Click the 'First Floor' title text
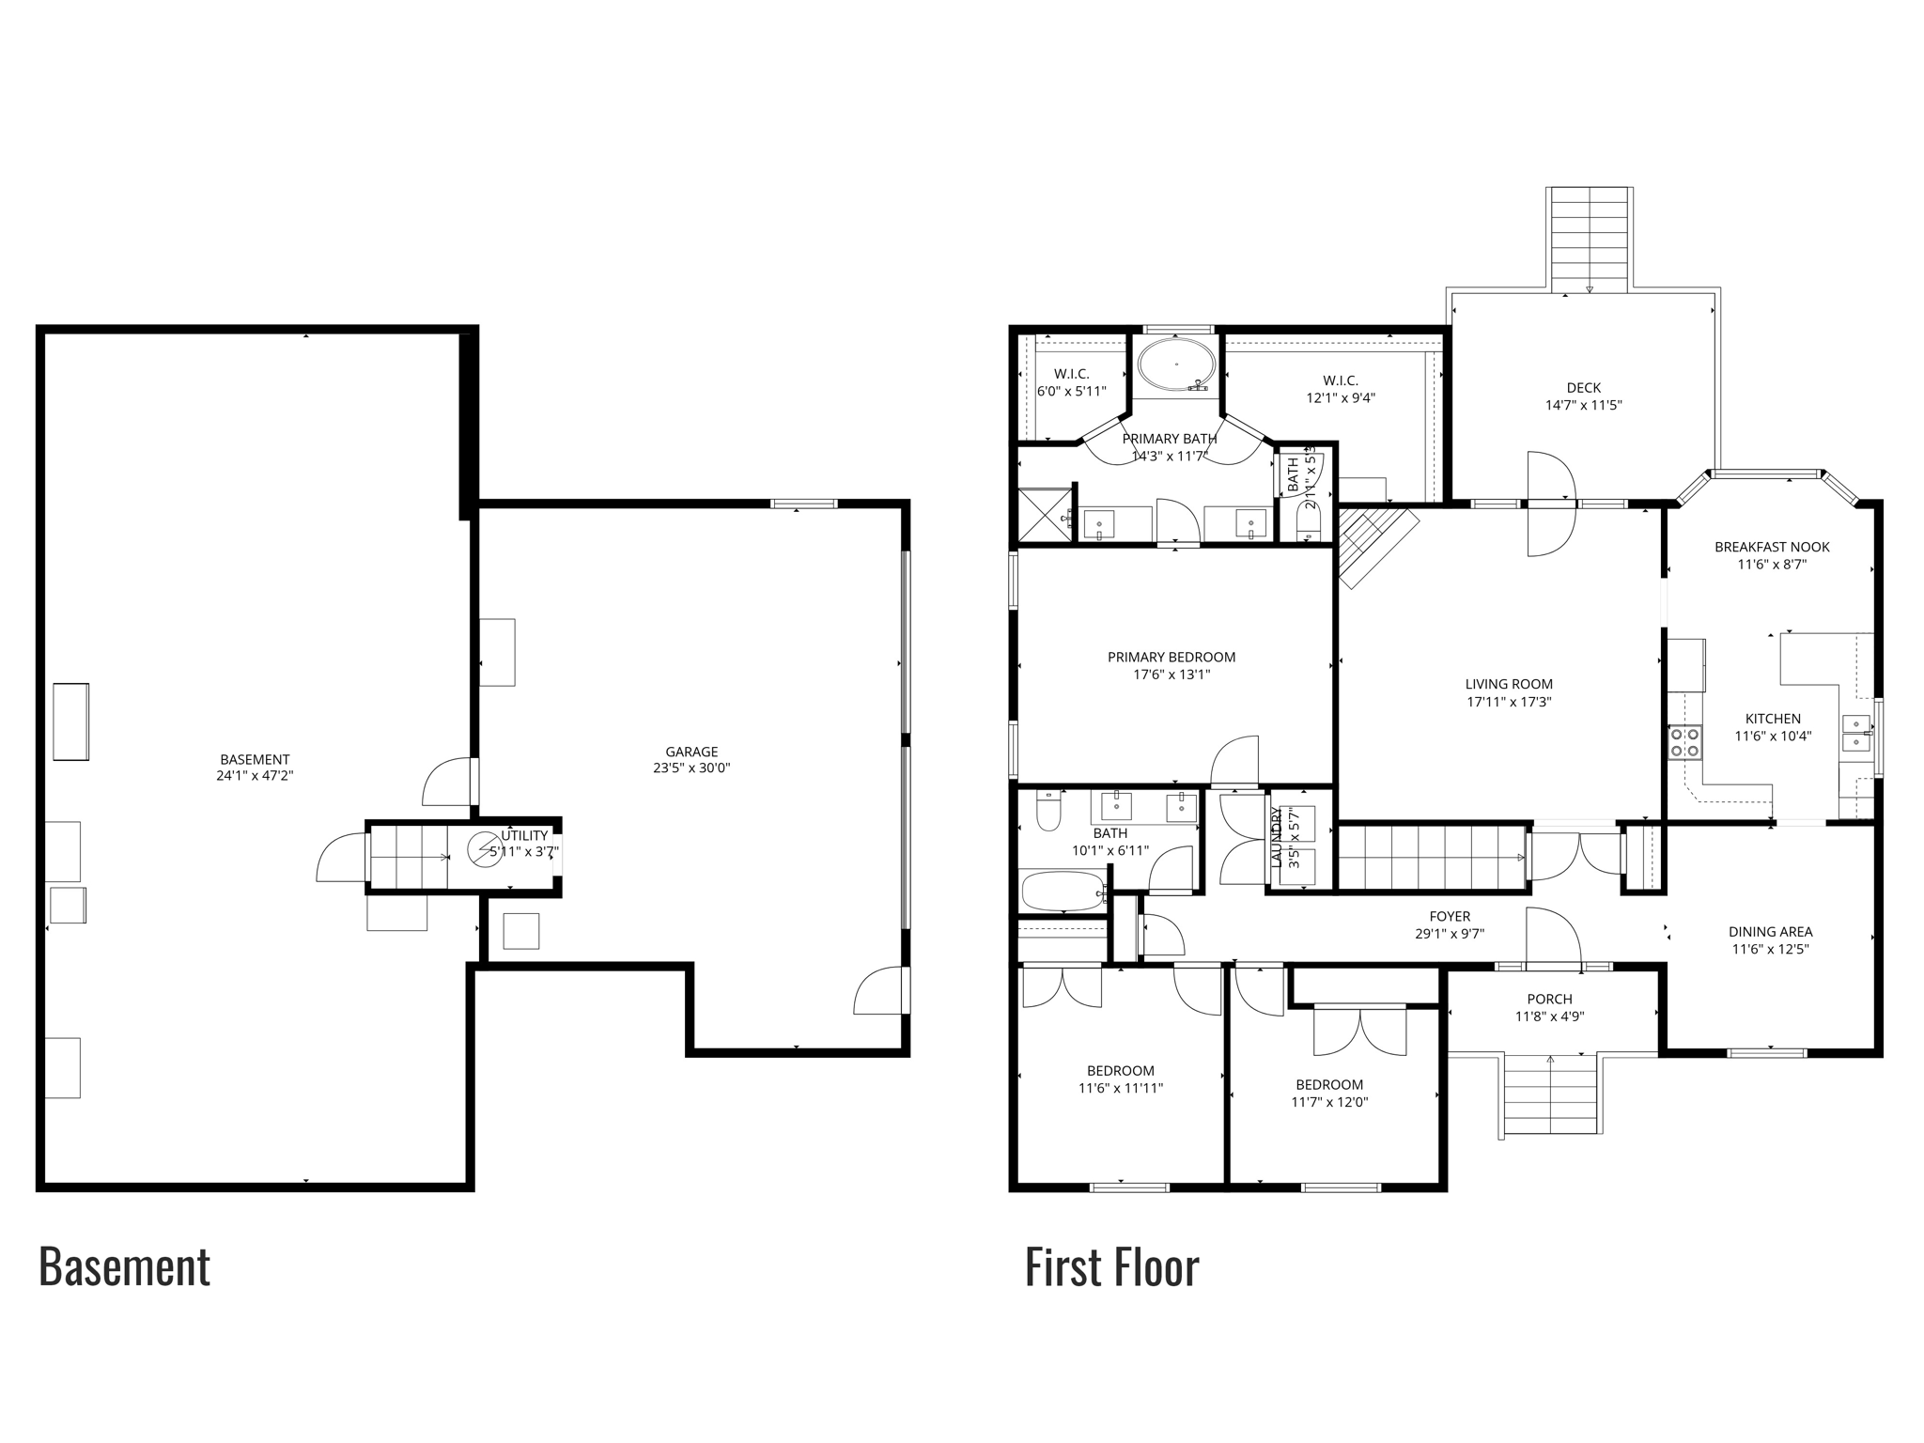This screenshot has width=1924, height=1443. tap(1111, 1267)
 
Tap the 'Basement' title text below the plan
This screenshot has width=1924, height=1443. tap(124, 1267)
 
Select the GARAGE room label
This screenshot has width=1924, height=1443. tap(691, 752)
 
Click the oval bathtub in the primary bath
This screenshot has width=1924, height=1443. tap(1176, 365)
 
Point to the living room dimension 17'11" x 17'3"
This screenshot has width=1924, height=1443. tap(1509, 702)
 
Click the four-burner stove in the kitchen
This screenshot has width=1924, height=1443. tap(1685, 742)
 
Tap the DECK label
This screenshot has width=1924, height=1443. tap(1583, 387)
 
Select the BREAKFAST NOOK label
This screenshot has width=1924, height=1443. tap(1772, 547)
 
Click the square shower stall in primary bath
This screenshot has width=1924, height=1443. tap(1044, 514)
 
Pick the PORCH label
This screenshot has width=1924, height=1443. tap(1549, 999)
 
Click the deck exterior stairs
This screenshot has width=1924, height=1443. tap(1589, 240)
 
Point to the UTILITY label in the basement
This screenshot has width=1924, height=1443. tap(524, 835)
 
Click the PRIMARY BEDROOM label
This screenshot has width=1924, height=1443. tap(1171, 657)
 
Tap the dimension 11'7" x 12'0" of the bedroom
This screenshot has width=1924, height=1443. tap(1329, 1102)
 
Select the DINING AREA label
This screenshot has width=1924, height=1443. tap(1770, 932)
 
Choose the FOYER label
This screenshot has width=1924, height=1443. tap(1450, 916)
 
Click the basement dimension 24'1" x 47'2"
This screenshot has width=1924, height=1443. tap(255, 776)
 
